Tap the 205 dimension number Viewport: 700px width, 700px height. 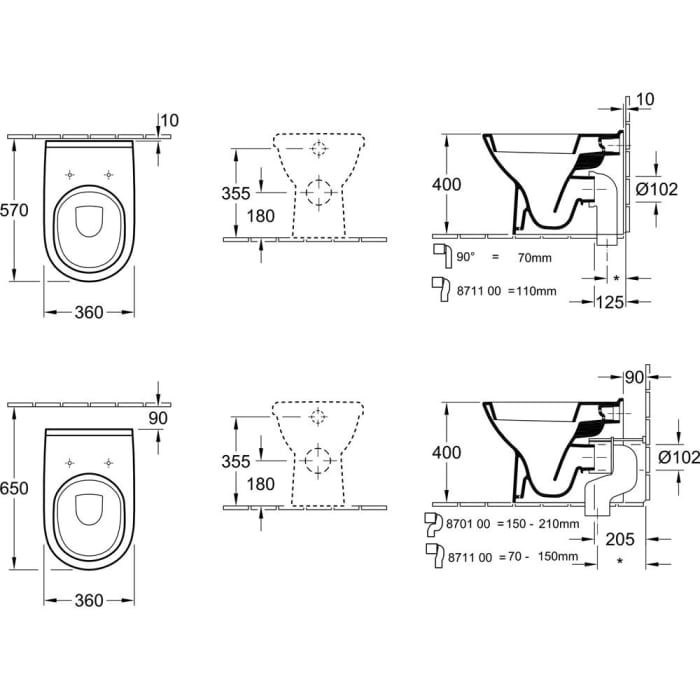tap(620, 539)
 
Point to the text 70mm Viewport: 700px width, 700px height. tap(534, 258)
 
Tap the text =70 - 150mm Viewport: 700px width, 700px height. tap(537, 551)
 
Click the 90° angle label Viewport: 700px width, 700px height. tap(467, 258)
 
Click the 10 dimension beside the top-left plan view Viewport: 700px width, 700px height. tap(171, 121)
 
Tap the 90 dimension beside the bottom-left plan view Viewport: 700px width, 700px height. tap(158, 417)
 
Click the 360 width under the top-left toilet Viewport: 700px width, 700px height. tap(89, 313)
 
